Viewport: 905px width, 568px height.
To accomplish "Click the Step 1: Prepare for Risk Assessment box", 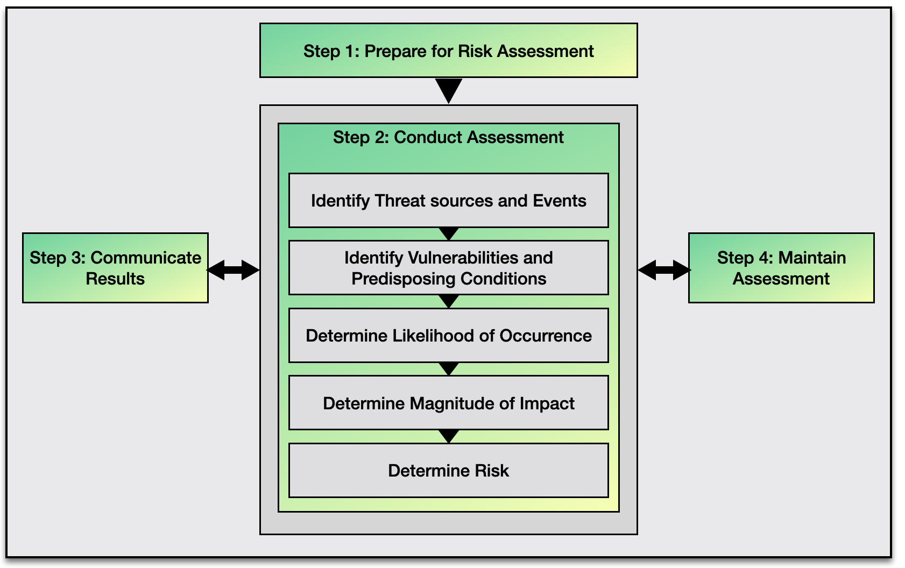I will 448,51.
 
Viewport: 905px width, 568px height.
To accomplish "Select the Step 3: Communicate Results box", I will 115,268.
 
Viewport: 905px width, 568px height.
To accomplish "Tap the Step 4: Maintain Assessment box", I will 781,268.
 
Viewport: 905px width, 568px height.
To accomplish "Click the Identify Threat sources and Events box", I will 448,201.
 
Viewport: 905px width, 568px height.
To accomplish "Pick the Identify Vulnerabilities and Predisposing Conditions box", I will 448,268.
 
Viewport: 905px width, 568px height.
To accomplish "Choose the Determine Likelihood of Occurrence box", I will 448,336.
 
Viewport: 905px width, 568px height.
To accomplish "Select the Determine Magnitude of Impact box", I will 448,403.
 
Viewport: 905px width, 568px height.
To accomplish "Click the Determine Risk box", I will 448,471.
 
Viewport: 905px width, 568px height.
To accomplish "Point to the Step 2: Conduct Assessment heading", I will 448,138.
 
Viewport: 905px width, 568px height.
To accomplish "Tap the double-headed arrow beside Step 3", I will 234,270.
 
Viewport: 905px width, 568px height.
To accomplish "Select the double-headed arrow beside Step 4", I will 664,270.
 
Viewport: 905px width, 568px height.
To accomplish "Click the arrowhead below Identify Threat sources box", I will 448,233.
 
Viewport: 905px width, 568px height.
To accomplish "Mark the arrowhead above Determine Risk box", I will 448,436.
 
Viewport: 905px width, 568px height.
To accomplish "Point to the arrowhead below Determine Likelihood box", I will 448,368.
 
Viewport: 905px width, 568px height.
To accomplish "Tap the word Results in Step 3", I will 115,279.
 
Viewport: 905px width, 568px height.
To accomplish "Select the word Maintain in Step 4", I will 812,258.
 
